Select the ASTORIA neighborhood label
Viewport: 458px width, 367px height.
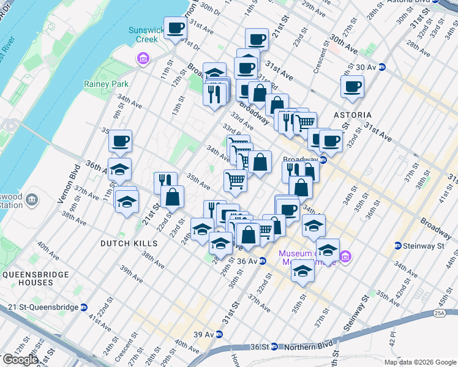[x=352, y=114]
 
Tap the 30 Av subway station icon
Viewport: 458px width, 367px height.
[x=382, y=67]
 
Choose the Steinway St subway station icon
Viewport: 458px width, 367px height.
[x=399, y=246]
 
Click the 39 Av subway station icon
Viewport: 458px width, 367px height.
[x=219, y=335]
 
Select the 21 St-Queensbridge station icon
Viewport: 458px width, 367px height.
[x=84, y=307]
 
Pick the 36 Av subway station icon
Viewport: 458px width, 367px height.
[x=262, y=261]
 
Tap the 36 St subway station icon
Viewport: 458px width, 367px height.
[x=274, y=346]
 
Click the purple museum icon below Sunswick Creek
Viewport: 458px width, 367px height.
[x=143, y=59]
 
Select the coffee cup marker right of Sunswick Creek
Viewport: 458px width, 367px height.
[x=176, y=28]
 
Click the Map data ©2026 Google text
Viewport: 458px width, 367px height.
[x=419, y=362]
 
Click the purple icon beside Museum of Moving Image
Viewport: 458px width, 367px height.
[x=345, y=255]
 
